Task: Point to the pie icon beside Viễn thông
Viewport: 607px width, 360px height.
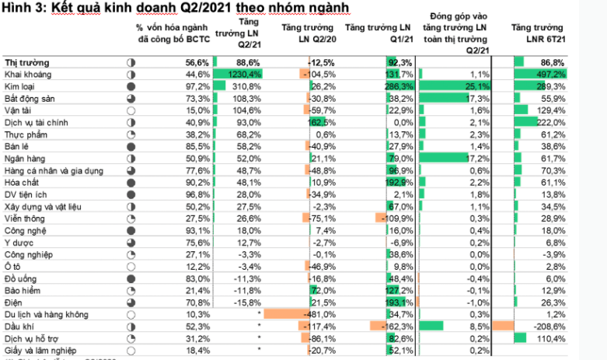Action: (x=131, y=218)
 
